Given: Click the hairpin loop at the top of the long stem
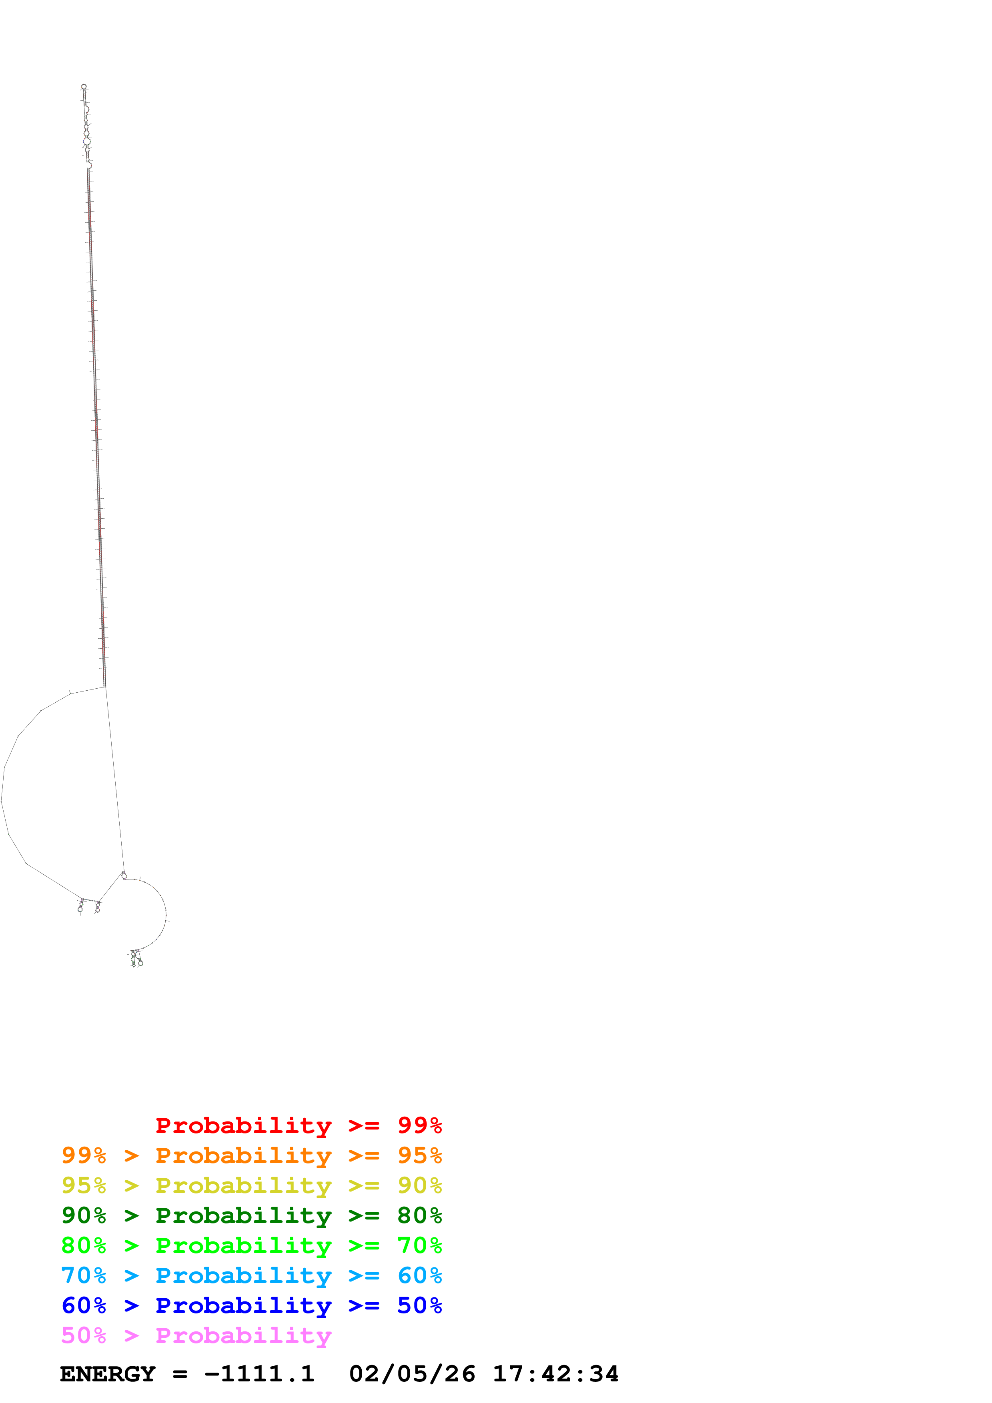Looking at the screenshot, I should [x=84, y=87].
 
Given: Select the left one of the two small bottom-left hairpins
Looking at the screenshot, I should [x=81, y=907].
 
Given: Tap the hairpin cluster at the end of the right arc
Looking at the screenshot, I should [x=136, y=959].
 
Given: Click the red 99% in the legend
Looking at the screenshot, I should [x=419, y=1125].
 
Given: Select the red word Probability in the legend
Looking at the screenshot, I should [x=243, y=1125].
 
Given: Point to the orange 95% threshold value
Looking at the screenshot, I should [x=419, y=1155].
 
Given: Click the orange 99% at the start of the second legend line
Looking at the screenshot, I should [x=84, y=1155].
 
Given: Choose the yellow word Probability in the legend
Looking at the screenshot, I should [x=243, y=1185].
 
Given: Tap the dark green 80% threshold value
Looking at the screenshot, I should [x=419, y=1215].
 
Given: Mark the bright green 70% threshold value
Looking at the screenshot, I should [x=419, y=1245].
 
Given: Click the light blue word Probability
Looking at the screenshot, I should [x=243, y=1275].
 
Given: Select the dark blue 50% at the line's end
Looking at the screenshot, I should [x=419, y=1305].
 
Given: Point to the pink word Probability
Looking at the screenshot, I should [x=243, y=1335].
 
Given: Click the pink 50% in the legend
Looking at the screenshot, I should [x=84, y=1335].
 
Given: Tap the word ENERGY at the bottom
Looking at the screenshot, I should [x=108, y=1374].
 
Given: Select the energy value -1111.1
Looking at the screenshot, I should [x=259, y=1374].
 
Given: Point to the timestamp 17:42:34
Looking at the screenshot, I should [x=555, y=1374].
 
